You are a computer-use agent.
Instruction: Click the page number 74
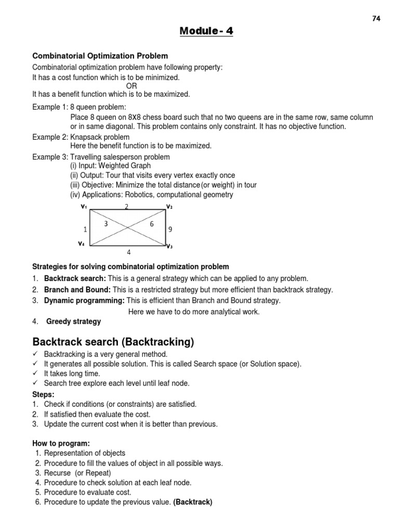click(x=377, y=19)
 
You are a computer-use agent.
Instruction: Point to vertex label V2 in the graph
click(x=169, y=207)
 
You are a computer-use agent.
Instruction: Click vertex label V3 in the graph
click(x=169, y=246)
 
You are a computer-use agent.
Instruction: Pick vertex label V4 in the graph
click(x=82, y=243)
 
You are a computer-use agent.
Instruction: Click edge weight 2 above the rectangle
click(x=126, y=207)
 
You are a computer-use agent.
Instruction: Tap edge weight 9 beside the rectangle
click(x=170, y=229)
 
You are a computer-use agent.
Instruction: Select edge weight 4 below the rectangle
click(x=129, y=252)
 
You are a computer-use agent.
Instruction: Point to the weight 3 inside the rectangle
click(x=106, y=223)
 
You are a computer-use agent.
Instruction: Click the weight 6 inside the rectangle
click(x=152, y=223)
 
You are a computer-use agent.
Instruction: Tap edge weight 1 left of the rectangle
click(x=85, y=229)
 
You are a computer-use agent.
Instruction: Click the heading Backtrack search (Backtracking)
click(x=113, y=342)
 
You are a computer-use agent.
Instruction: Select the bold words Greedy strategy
click(x=74, y=322)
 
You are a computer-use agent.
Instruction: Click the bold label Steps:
click(x=43, y=394)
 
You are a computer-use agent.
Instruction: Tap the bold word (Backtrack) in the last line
click(x=193, y=502)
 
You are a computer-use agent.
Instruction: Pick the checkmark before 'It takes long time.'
click(x=35, y=374)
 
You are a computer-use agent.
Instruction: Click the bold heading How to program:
click(x=61, y=443)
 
